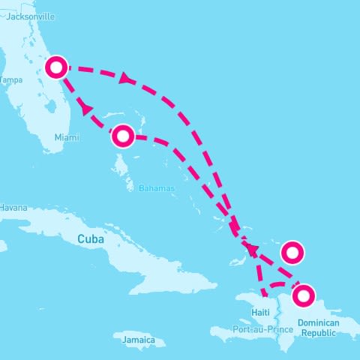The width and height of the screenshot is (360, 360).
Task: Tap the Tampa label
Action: point(10,79)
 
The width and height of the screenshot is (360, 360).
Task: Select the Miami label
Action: point(65,137)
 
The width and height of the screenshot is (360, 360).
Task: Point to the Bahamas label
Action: point(157,187)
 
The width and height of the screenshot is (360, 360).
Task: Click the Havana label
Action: point(13,207)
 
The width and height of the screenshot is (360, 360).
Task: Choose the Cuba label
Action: point(89,238)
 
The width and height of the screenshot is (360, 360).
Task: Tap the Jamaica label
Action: point(139,340)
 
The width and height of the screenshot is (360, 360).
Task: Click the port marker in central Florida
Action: point(56,67)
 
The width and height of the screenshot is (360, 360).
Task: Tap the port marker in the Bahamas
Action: point(123,136)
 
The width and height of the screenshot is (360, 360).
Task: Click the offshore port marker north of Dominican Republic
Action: point(292,251)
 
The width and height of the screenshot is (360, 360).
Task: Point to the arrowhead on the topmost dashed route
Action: point(125,76)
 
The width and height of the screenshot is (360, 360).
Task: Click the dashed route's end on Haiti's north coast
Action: point(263,294)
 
